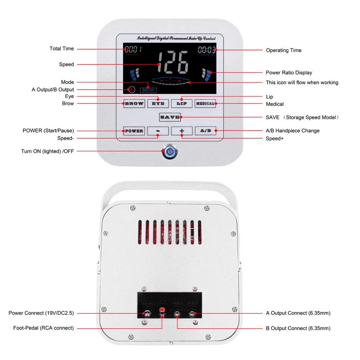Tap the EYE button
(x=158, y=104)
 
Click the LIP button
(x=181, y=104)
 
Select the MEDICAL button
(x=206, y=104)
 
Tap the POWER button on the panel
(x=134, y=131)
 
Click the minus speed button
(x=158, y=131)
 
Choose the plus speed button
(x=181, y=131)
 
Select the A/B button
(x=206, y=131)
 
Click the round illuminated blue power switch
(x=170, y=152)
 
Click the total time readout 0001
(x=133, y=49)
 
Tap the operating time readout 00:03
(x=207, y=50)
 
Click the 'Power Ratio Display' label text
(x=289, y=73)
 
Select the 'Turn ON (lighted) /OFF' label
(x=48, y=151)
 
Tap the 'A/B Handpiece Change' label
(x=292, y=131)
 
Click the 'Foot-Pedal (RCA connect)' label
(x=44, y=328)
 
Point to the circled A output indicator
(x=132, y=89)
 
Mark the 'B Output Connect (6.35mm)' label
(x=298, y=328)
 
